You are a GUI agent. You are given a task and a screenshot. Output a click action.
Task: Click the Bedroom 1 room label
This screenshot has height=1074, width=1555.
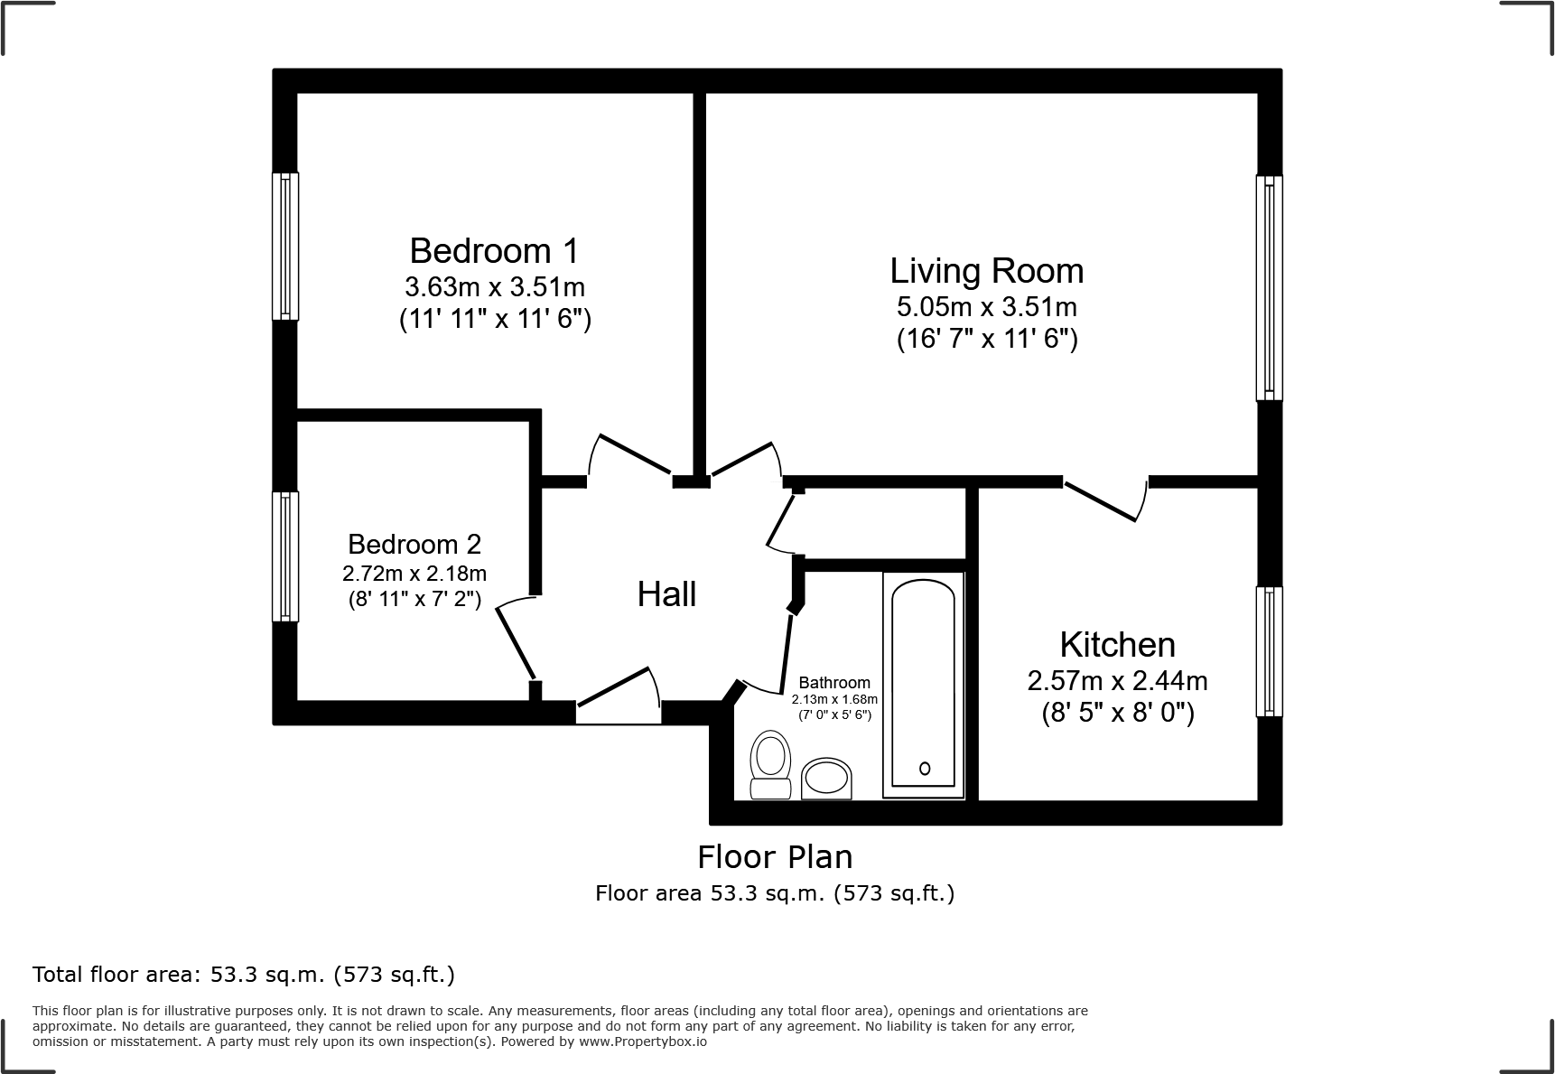pos(494,250)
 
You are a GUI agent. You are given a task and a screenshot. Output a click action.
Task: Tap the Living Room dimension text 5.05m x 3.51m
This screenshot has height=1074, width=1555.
pos(986,306)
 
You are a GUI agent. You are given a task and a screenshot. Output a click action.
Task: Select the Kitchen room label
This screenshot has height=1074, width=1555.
pos(1117,644)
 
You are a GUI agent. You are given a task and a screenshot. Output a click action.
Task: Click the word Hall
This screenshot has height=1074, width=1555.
pos(666,593)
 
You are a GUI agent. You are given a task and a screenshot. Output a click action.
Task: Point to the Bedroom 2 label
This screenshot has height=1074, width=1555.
pos(414,544)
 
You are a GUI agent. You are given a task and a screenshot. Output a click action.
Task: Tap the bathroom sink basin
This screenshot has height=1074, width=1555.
pos(826,778)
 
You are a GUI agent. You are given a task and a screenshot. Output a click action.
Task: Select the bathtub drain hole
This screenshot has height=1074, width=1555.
pos(924,769)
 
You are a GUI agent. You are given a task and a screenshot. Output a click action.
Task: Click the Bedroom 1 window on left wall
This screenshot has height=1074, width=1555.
pos(285,247)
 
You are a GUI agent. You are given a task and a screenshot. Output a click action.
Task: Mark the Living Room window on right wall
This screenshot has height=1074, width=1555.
pos(1269,287)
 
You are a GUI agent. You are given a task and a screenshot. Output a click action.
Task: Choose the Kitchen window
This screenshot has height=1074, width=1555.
pos(1269,651)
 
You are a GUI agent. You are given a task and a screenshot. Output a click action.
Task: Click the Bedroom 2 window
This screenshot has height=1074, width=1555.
pos(285,556)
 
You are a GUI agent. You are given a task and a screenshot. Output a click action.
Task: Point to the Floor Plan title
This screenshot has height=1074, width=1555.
pos(775,856)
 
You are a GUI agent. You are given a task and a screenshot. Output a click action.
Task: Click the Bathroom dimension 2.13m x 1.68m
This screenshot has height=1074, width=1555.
pos(834,699)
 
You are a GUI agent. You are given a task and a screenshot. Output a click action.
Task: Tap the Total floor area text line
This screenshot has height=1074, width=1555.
pos(244,975)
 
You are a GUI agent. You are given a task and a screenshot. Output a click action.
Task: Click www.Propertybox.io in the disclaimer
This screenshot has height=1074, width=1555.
pos(642,1041)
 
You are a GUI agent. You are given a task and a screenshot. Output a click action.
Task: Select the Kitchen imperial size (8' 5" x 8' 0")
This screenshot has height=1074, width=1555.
pos(1117,713)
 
